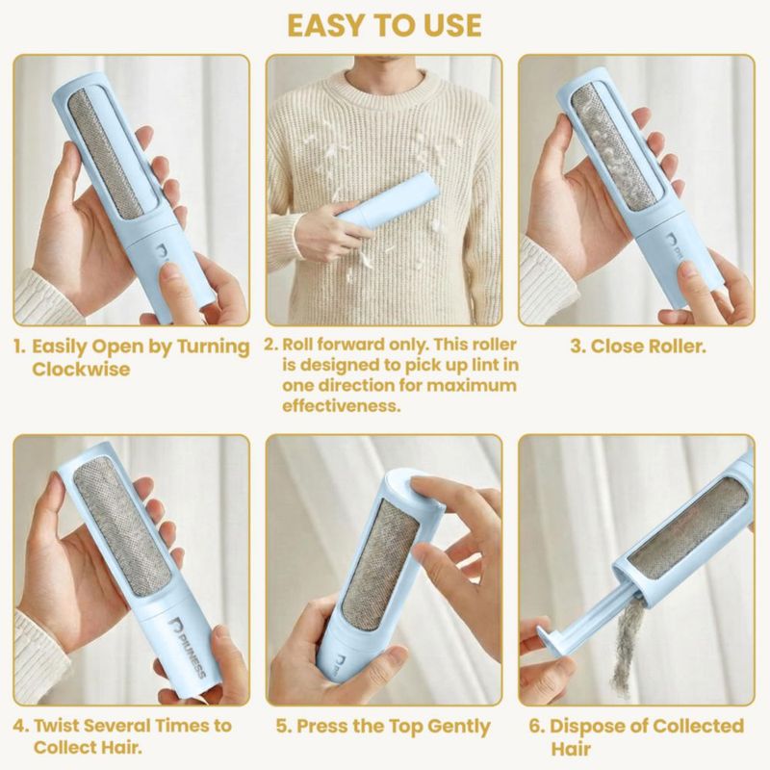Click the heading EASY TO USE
384,25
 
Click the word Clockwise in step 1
81,369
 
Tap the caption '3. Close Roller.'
638,346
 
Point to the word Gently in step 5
459,727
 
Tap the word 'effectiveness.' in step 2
342,406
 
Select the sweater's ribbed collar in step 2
385,84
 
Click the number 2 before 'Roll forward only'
271,345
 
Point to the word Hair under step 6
570,749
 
